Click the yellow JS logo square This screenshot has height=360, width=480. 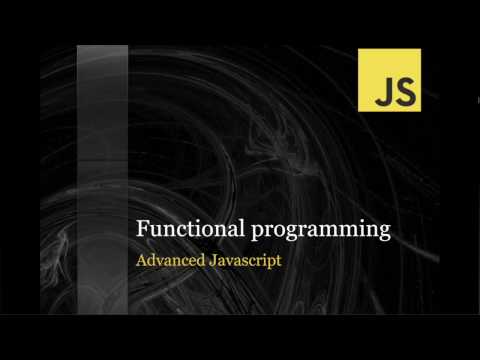click(x=389, y=80)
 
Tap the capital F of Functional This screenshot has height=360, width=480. click(x=142, y=230)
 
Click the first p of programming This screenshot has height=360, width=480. click(x=257, y=233)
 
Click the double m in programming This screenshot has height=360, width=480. click(x=341, y=231)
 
